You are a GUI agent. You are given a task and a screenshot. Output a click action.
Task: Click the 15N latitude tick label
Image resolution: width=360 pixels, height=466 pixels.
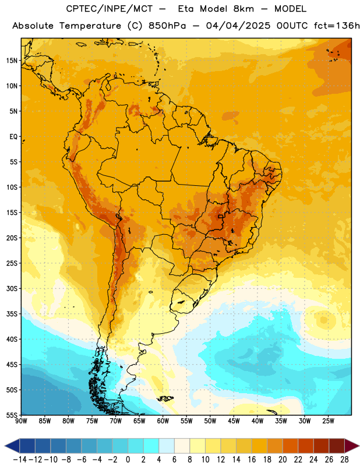tap(12, 61)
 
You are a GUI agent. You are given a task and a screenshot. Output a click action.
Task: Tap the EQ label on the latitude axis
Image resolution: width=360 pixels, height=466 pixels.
tap(13, 137)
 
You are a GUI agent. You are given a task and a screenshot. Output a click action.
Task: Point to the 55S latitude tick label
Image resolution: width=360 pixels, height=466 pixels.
tap(12, 415)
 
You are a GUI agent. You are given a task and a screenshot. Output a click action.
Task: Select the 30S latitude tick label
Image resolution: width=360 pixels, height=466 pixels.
tap(12, 288)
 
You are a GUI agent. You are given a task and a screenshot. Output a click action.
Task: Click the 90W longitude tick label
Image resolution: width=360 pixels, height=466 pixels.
tap(21, 421)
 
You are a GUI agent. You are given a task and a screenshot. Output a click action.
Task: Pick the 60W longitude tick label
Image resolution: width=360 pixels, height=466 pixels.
tap(163, 421)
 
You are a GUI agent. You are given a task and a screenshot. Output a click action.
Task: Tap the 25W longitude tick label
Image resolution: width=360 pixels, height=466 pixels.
tap(328, 421)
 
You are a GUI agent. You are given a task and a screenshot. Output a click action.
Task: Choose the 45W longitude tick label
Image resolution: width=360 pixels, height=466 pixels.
tap(234, 421)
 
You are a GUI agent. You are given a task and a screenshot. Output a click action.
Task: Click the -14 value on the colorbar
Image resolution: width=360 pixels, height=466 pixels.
tap(20, 460)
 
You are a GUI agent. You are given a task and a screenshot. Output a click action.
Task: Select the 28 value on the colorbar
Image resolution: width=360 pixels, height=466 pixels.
tap(344, 460)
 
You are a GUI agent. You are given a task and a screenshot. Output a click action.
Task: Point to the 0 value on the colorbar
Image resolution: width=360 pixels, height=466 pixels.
tap(128, 460)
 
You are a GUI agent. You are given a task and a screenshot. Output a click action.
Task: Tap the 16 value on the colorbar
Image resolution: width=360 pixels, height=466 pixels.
tap(252, 460)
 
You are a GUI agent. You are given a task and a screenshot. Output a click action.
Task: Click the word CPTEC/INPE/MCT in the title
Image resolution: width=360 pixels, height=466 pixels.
tap(109, 9)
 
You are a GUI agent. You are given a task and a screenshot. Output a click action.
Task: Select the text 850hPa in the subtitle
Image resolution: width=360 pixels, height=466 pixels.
tap(167, 26)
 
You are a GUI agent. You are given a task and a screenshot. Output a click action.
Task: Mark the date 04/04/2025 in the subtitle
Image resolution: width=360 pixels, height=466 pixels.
tap(238, 26)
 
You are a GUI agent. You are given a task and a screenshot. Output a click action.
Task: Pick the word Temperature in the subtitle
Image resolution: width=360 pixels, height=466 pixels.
tap(90, 26)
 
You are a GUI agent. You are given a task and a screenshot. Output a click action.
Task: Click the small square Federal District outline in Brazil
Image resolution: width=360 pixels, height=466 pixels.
tap(220, 217)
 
